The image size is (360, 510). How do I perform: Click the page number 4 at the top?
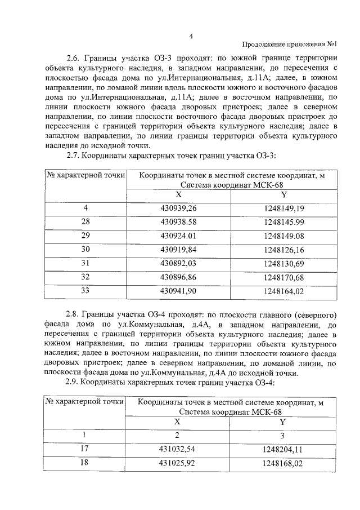[x=191, y=37]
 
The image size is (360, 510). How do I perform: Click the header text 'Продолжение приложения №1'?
[x=289, y=45]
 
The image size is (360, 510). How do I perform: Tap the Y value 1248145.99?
[x=283, y=221]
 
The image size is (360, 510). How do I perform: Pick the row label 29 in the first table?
[x=85, y=235]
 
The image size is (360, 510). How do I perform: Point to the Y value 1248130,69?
[x=283, y=263]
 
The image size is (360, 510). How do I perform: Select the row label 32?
[x=85, y=277]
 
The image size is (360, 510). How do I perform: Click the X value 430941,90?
[x=178, y=291]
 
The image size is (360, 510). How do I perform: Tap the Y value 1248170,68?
[x=283, y=277]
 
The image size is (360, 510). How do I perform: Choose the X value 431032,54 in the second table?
[x=178, y=449]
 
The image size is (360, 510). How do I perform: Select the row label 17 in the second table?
[x=85, y=449]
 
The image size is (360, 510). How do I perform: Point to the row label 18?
[x=85, y=463]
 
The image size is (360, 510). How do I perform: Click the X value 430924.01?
[x=178, y=235]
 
